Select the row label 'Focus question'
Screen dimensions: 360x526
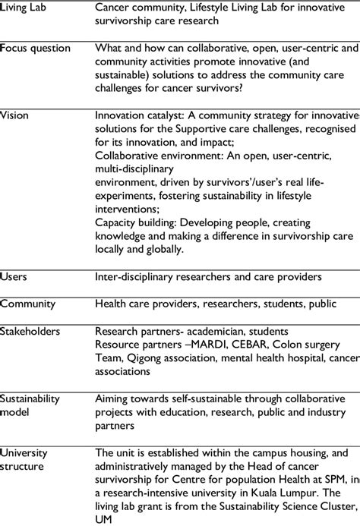[x=35, y=48]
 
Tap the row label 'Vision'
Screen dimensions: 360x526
[x=14, y=115]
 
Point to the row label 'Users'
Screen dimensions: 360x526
[x=14, y=276]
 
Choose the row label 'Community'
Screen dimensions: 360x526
[x=28, y=304]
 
